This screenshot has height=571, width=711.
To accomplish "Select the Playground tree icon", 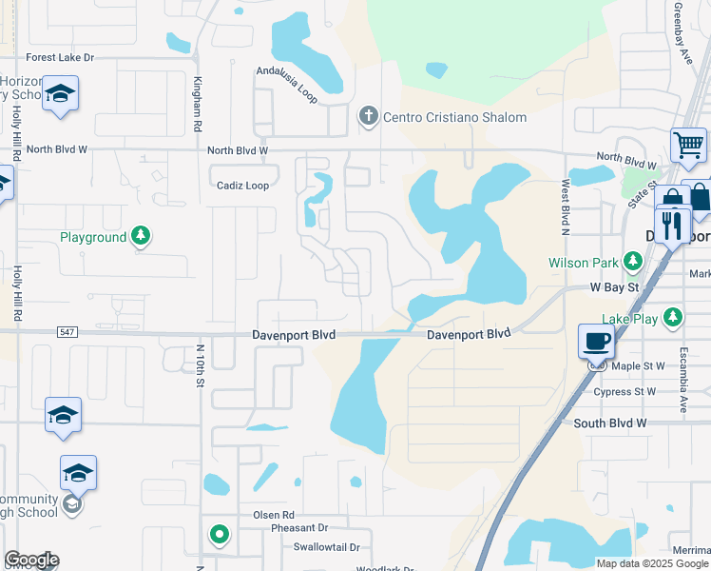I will tap(141, 235).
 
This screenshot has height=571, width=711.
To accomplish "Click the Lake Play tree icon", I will tap(673, 316).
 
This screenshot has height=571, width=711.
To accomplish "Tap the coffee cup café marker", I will tap(597, 341).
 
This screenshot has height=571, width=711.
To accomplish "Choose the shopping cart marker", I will tap(688, 146).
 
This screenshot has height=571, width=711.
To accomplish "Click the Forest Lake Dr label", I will tap(61, 58).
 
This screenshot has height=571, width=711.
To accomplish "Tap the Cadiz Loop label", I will tap(242, 186).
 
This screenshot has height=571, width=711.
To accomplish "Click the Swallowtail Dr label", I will tap(326, 547).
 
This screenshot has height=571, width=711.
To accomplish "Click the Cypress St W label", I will tap(625, 392).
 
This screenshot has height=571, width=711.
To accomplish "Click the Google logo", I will tap(31, 560).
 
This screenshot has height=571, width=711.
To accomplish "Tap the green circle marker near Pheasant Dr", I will tap(220, 535).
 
